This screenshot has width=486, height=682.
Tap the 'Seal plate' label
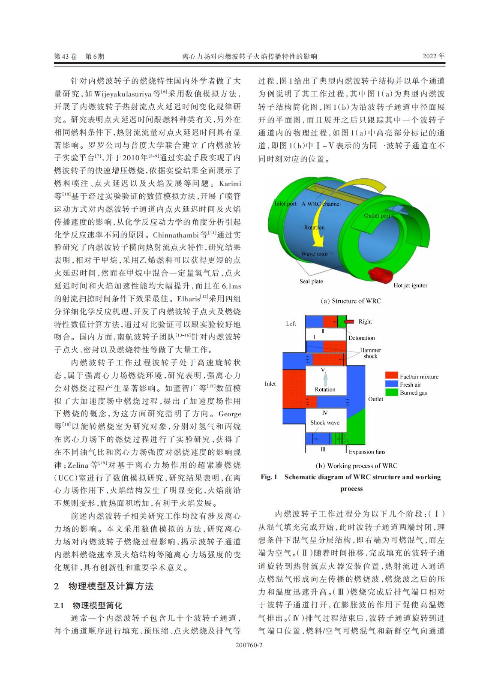[311, 281]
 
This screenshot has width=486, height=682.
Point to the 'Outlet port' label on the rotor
[377, 215]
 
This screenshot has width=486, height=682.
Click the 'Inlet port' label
[285, 204]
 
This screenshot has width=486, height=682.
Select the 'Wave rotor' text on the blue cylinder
[314, 254]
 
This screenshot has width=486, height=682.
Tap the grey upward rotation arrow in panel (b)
[325, 379]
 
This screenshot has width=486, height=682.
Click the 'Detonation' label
[361, 338]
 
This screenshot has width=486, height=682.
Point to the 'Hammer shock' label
[370, 353]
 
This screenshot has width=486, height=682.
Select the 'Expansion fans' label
[367, 451]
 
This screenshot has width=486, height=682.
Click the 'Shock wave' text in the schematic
[324, 422]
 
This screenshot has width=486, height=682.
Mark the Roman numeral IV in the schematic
[325, 413]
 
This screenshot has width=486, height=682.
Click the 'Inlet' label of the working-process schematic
[270, 384]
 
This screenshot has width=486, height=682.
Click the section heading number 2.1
[59, 605]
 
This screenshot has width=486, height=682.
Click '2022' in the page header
[430, 56]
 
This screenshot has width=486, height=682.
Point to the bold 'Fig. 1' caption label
[269, 477]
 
